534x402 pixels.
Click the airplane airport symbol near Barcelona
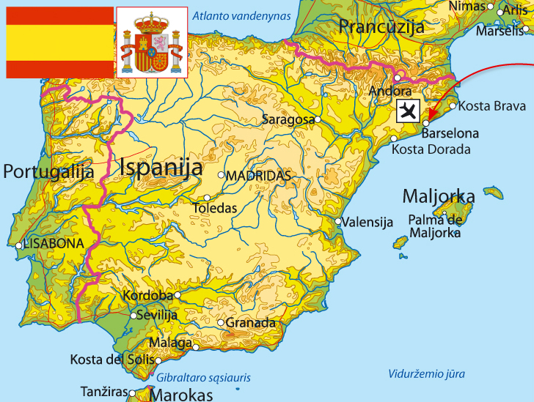click(x=408, y=111)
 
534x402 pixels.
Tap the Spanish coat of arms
click(x=152, y=42)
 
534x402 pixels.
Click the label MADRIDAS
click(x=258, y=176)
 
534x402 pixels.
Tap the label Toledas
click(x=215, y=208)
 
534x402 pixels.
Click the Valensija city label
click(x=368, y=223)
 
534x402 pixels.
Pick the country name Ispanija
click(x=161, y=167)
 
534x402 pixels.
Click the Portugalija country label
click(x=49, y=172)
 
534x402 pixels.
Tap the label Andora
click(x=391, y=92)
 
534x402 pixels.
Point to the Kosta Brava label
click(x=491, y=106)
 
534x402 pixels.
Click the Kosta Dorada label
click(x=431, y=149)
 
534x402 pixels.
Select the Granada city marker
click(x=221, y=322)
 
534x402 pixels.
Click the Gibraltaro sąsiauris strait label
click(x=204, y=378)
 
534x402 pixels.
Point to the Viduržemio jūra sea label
click(x=426, y=373)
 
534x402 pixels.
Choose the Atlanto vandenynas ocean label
click(x=237, y=15)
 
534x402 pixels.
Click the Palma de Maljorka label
click(x=435, y=226)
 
